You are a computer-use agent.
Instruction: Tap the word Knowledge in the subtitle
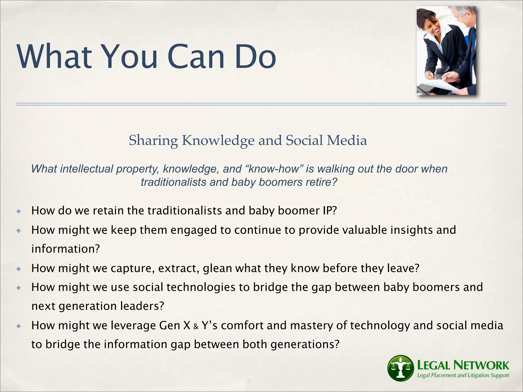[218, 141]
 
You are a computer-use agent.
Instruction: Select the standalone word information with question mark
[65, 249]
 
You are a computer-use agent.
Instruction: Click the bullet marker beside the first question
[18, 211]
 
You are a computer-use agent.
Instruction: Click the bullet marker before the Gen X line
[18, 326]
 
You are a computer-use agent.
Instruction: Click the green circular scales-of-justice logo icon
[400, 368]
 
